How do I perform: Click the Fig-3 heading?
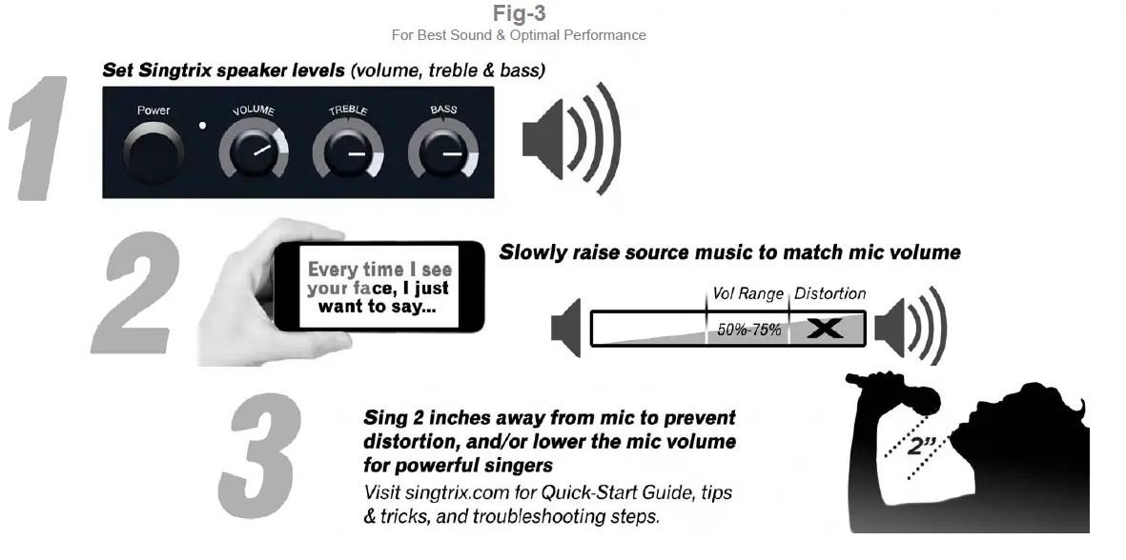(519, 13)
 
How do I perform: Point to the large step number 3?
(259, 457)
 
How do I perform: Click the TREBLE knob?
(348, 152)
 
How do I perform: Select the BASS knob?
(443, 152)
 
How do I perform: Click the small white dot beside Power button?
(203, 126)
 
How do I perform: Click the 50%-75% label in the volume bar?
(748, 330)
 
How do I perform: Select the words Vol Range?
(747, 294)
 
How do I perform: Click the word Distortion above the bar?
(829, 294)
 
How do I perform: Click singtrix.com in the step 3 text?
(452, 493)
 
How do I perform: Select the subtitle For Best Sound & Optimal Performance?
(519, 35)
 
